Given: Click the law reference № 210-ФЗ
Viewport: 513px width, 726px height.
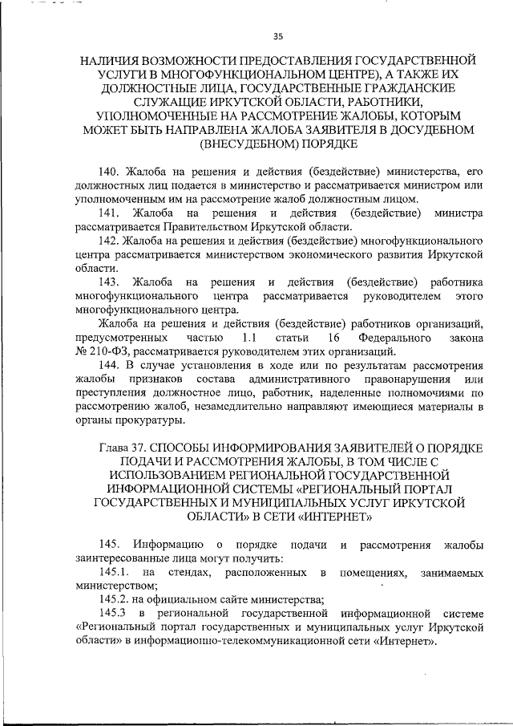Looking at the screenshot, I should point(102,351).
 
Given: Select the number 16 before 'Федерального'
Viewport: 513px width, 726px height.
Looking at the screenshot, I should point(345,338).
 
